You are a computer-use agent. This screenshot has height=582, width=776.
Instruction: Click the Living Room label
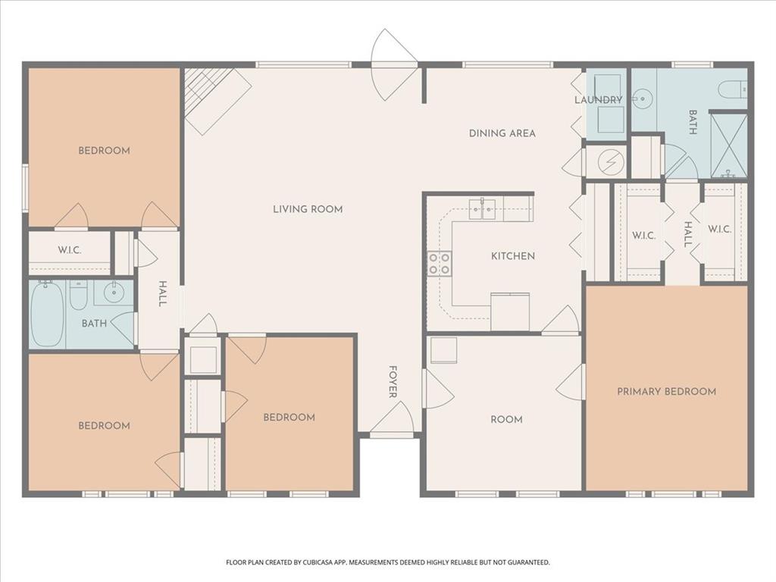tap(308, 209)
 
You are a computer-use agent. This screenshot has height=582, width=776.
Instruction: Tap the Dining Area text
tap(502, 133)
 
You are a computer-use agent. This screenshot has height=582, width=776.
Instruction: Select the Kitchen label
tap(513, 256)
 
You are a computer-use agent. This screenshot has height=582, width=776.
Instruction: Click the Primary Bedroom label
tap(666, 392)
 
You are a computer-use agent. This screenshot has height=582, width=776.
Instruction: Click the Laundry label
tap(598, 100)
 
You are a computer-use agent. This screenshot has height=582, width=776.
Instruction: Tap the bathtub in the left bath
tap(47, 313)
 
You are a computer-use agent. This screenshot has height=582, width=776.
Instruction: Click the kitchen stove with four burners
tap(440, 264)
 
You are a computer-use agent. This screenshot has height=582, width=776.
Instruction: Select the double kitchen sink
tap(483, 208)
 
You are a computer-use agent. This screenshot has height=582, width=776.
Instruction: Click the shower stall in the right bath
tap(729, 145)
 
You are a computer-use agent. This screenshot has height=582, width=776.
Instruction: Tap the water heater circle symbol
tap(607, 162)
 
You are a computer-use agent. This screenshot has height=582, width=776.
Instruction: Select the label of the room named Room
tap(506, 420)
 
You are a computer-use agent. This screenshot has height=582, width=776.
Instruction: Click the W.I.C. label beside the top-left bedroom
tap(70, 250)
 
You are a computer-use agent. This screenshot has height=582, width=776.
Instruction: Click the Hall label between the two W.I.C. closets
tap(688, 234)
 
